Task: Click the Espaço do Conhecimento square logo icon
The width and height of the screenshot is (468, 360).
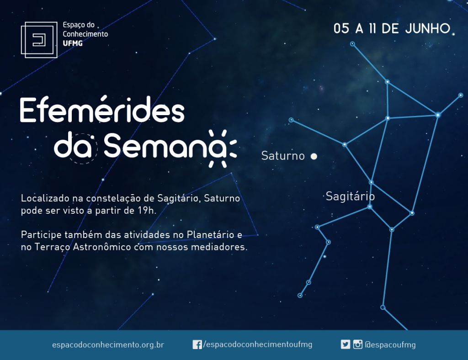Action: point(39,40)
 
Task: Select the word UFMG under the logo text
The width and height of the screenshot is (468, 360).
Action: point(73,43)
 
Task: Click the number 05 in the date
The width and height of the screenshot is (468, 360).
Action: point(341,29)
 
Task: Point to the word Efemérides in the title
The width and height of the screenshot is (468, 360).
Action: point(102,109)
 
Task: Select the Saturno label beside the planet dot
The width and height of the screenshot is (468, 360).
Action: point(283,156)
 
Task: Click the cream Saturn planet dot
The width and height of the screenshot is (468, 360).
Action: point(314,156)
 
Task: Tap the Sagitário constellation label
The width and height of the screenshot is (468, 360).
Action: point(350,196)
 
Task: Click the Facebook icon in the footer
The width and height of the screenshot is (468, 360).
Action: point(197,344)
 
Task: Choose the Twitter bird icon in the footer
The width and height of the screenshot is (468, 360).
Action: point(346,344)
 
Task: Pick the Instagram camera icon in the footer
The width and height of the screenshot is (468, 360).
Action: point(357,344)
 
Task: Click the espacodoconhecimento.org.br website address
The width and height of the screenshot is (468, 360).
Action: point(108,345)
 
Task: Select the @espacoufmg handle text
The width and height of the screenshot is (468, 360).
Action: point(390,345)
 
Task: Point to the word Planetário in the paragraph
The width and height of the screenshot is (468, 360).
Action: point(210,235)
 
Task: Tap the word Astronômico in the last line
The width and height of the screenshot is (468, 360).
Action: point(102,247)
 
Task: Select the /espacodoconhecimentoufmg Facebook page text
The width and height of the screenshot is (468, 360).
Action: point(258,345)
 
